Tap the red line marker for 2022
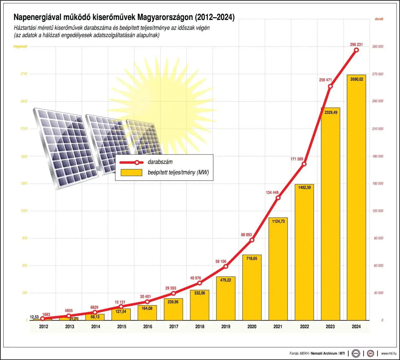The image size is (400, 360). click(x=304, y=164)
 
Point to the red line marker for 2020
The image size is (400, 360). click(x=252, y=240)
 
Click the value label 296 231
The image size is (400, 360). click(x=356, y=45)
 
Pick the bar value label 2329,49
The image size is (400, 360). click(x=331, y=113)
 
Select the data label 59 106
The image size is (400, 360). click(x=221, y=261)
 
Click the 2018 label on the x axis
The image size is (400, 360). click(x=200, y=326)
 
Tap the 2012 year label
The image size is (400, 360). click(x=44, y=326)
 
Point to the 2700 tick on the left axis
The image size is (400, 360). click(x=24, y=74)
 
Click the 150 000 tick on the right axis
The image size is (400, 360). click(x=378, y=184)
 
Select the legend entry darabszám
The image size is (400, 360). click(x=160, y=162)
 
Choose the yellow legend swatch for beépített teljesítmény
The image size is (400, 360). click(x=131, y=173)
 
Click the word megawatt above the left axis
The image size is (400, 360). click(x=20, y=46)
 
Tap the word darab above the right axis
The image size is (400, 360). click(x=379, y=19)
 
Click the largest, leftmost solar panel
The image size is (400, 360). click(x=65, y=147)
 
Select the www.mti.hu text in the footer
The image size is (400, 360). click(x=389, y=354)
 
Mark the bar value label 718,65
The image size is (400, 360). click(x=252, y=258)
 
